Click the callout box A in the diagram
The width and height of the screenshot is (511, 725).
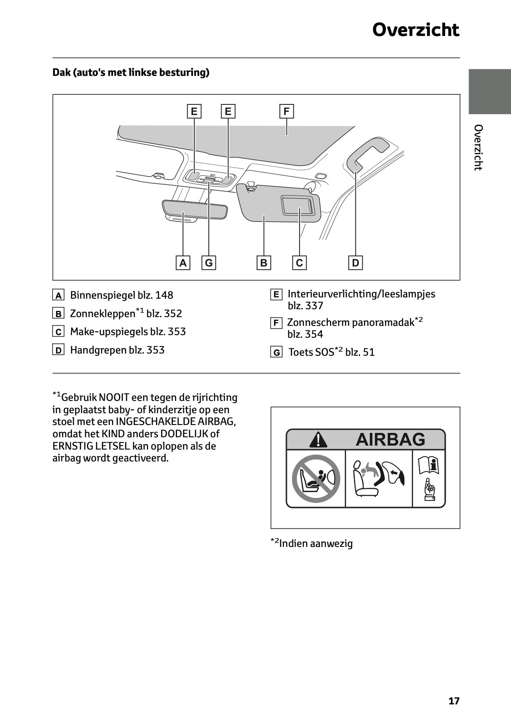[x=183, y=263]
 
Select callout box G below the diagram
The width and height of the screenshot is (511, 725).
[x=209, y=263]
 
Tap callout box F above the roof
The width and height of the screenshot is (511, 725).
[x=286, y=111]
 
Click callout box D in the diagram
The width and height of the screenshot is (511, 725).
[x=355, y=263]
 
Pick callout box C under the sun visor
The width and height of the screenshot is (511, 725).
[x=299, y=263]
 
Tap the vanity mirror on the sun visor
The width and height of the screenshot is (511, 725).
[x=298, y=205]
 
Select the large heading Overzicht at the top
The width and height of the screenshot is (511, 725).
[x=415, y=30]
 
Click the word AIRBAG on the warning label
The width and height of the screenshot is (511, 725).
[x=390, y=439]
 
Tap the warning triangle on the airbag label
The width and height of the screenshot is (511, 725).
[x=318, y=439]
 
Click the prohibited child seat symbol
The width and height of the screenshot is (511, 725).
[x=316, y=479]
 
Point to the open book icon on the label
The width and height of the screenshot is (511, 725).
[x=429, y=466]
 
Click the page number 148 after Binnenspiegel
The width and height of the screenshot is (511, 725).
[x=164, y=295]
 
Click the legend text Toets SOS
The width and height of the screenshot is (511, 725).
[x=311, y=352]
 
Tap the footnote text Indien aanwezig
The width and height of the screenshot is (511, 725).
[x=316, y=543]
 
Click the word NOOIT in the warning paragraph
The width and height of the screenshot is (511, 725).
[x=114, y=397]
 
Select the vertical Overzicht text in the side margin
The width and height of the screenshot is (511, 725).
[x=478, y=147]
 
